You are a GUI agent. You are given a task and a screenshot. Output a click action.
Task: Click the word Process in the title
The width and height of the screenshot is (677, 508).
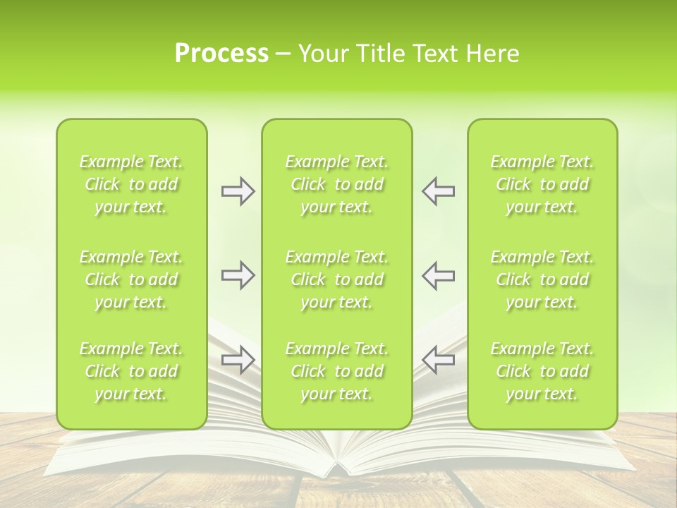[x=221, y=54]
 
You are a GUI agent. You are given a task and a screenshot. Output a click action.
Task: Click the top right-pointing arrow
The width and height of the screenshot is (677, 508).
[x=238, y=191]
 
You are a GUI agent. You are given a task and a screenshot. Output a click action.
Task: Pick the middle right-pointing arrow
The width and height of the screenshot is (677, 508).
[x=238, y=275]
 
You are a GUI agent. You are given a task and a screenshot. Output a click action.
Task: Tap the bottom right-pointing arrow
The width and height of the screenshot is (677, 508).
[x=238, y=360]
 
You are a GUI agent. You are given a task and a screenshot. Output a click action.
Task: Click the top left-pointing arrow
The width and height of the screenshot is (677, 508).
[x=438, y=191]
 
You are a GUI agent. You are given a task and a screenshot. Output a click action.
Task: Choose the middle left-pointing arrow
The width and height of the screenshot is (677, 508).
[x=438, y=275]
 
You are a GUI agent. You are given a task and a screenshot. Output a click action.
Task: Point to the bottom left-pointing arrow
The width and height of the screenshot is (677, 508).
[x=438, y=360]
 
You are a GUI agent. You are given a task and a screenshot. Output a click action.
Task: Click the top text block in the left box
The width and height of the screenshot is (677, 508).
[x=131, y=184]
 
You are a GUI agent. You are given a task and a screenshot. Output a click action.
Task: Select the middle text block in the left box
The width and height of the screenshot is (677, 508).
[x=131, y=279]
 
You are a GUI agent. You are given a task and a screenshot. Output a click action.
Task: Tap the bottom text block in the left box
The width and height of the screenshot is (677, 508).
[x=131, y=371]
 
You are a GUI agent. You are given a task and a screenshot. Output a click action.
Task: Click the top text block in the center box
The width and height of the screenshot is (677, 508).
[x=337, y=184]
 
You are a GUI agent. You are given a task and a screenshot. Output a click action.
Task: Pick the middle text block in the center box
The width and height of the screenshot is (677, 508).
[x=337, y=279]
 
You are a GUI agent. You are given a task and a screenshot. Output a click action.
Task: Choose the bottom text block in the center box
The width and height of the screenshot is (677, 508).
[x=337, y=371]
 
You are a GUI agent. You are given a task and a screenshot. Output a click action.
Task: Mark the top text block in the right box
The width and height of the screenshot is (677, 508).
[x=542, y=184]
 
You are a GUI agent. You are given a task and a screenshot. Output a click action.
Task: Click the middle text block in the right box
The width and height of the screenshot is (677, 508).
[x=542, y=279]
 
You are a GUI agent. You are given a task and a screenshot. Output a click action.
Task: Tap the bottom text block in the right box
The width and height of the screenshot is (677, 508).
[x=542, y=371]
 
